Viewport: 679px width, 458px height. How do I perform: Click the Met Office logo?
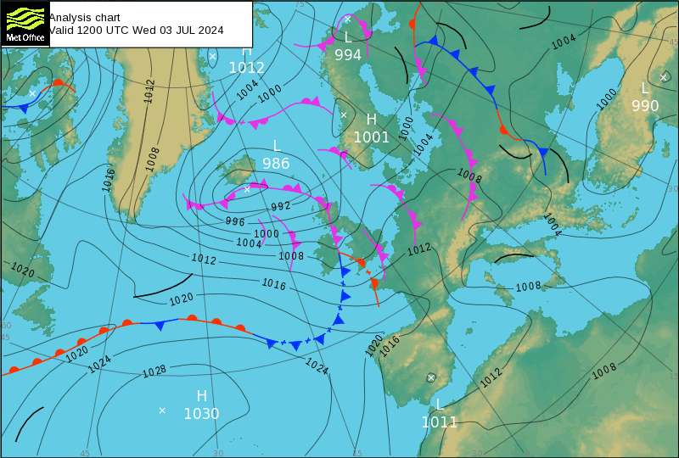24,24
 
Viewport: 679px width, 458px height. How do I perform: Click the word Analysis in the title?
71,17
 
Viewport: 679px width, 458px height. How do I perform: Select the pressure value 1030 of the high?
201,414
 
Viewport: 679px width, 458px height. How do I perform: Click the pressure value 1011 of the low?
440,422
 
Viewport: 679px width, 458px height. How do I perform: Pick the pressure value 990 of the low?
645,106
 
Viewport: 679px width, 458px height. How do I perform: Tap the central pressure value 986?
276,164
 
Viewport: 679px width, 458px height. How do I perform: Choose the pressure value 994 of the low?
348,55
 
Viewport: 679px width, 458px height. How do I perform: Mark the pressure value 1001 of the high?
372,137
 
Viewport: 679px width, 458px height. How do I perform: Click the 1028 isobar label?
154,371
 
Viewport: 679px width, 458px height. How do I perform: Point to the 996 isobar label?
235,221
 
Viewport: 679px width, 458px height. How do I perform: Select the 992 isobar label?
281,206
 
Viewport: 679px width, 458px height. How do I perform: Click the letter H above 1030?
201,396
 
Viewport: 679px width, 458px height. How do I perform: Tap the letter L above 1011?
440,404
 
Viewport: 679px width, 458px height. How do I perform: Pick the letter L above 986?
276,146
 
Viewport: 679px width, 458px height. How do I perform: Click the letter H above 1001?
371,120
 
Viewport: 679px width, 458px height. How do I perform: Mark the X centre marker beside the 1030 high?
162,411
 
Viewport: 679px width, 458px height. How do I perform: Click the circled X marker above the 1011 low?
431,377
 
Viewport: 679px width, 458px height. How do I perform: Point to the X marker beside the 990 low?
664,77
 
